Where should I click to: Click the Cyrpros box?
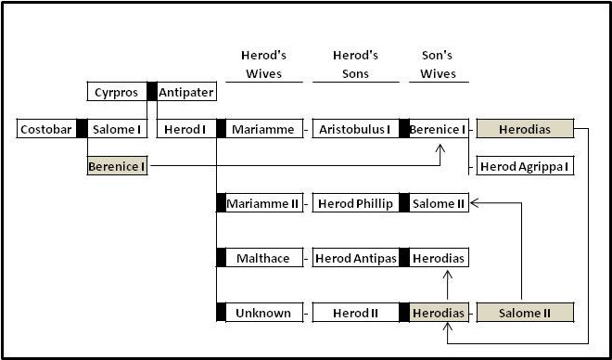(117, 92)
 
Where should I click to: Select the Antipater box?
(186, 92)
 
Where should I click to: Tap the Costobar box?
(46, 129)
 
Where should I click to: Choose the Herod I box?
(185, 129)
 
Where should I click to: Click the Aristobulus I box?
(355, 129)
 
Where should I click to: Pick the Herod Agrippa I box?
(525, 167)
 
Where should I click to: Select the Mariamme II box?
(264, 203)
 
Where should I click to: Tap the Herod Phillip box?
(355, 203)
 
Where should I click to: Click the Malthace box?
(264, 257)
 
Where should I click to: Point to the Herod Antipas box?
(355, 257)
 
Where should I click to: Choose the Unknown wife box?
(264, 313)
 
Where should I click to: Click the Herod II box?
(355, 313)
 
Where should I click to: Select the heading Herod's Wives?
(261, 64)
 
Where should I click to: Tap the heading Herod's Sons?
(353, 64)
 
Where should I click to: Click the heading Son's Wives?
(438, 64)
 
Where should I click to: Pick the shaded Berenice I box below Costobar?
(118, 167)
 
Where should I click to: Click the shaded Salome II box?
(525, 313)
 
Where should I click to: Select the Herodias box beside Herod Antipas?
(439, 257)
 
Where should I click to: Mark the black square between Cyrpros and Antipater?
(152, 92)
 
